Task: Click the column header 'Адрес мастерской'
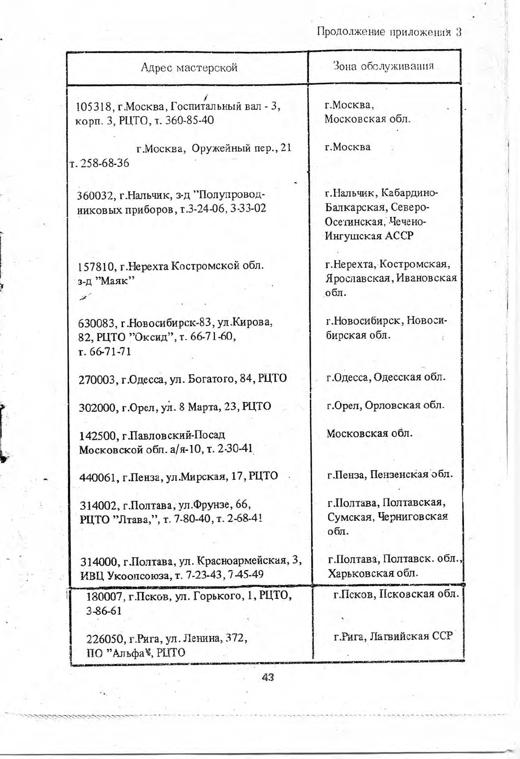click(x=188, y=68)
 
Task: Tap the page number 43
click(x=268, y=677)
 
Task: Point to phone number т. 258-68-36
click(x=99, y=163)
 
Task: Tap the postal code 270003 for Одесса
click(x=97, y=379)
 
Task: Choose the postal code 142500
click(x=97, y=436)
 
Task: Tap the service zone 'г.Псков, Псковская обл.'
click(x=396, y=594)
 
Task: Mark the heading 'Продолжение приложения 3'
click(x=389, y=32)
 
